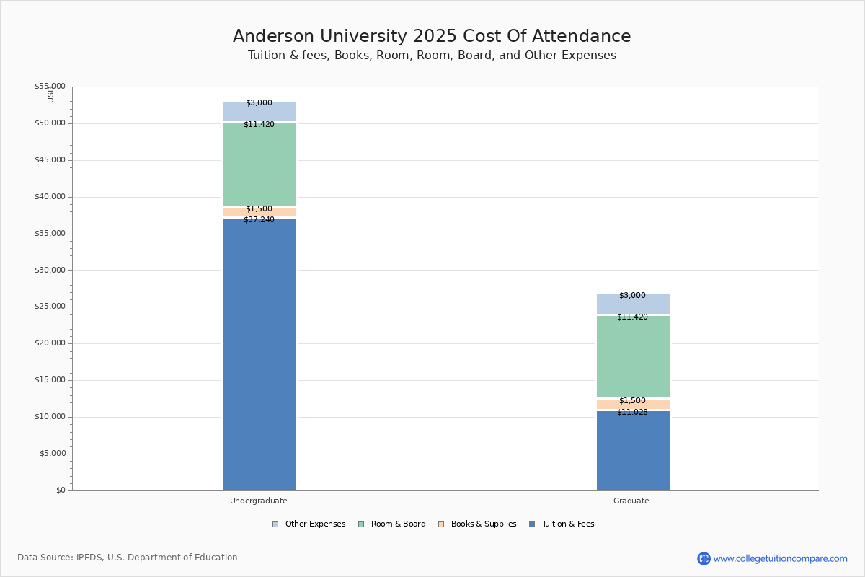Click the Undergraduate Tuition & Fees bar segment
(259, 353)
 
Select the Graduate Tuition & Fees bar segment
(633, 451)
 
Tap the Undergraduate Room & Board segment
(259, 164)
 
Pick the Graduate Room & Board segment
(633, 356)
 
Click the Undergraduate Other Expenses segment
(259, 112)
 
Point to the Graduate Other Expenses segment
(633, 304)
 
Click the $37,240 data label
(259, 220)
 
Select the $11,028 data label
(632, 413)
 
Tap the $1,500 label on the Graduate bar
(632, 401)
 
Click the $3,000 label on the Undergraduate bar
(259, 103)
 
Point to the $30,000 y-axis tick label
(50, 270)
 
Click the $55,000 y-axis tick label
(50, 87)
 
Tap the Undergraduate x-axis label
(259, 501)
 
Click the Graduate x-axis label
(631, 501)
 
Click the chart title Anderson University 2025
(432, 37)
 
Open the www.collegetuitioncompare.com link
(780, 558)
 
